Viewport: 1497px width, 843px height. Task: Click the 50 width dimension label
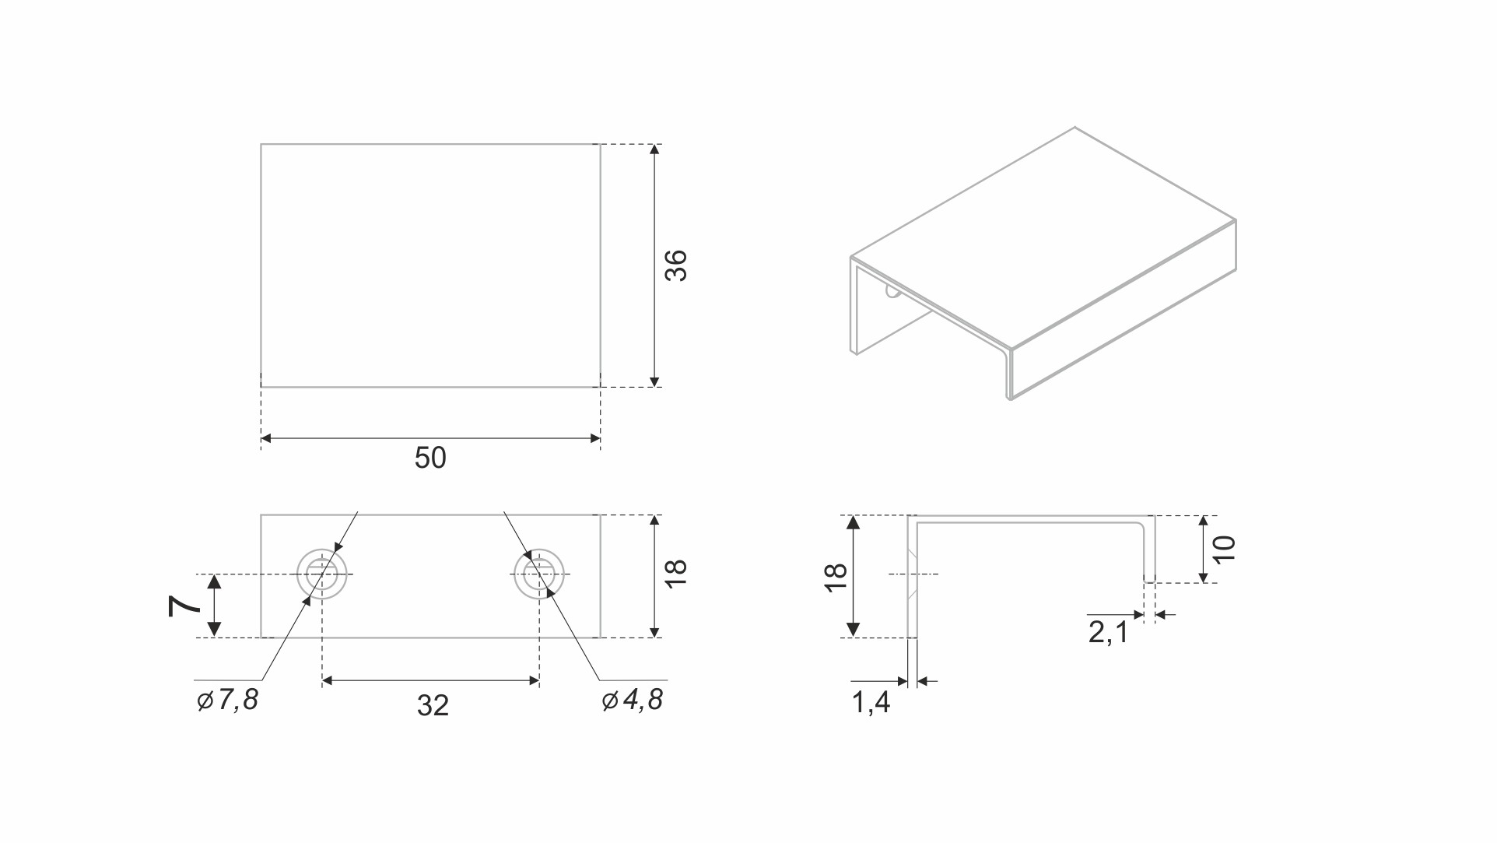(430, 458)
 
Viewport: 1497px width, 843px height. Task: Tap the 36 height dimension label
(675, 265)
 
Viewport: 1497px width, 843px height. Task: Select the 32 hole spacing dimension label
(433, 705)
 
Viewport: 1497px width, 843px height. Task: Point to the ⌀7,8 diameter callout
(227, 700)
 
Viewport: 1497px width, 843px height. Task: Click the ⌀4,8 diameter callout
(632, 700)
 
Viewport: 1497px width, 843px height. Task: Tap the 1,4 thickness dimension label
(871, 703)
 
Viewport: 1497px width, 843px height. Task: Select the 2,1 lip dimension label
(1108, 632)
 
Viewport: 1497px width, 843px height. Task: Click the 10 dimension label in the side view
(1224, 549)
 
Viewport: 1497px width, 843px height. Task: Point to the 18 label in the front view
(675, 574)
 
